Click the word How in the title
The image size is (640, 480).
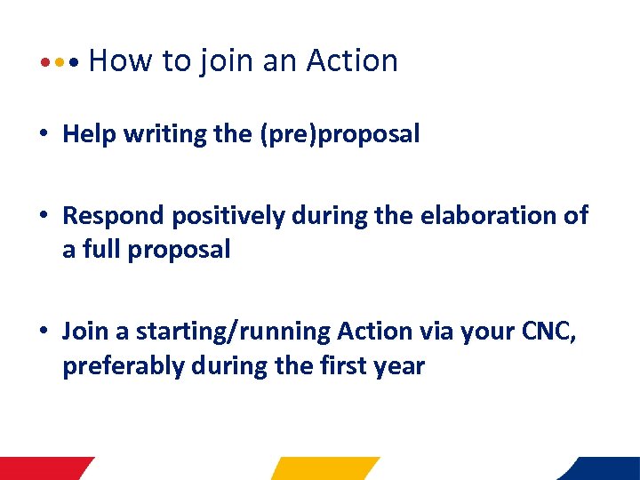[121, 60]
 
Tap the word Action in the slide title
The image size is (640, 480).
[352, 60]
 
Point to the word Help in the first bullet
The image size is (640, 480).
[90, 134]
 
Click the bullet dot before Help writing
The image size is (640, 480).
[43, 135]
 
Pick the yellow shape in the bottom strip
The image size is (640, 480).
[324, 468]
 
